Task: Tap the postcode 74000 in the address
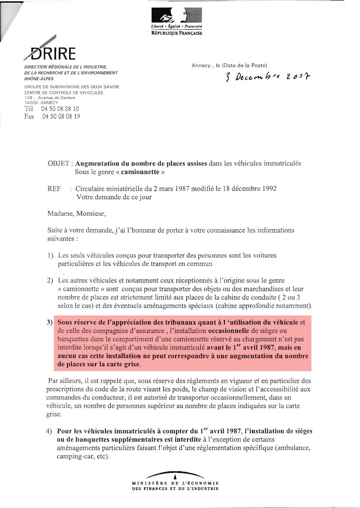31,103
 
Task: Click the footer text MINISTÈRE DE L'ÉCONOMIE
175,484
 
